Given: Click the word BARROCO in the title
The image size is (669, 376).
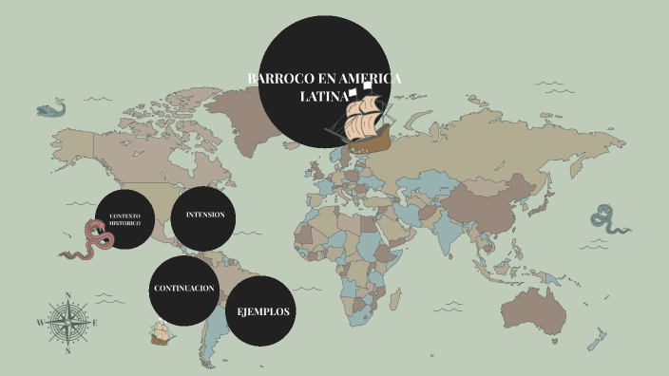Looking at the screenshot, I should [278, 78].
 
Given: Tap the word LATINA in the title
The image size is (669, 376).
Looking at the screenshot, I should [321, 96].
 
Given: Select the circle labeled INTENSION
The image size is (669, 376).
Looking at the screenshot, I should [204, 216].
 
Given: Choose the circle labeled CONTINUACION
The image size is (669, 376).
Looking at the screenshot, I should [183, 289].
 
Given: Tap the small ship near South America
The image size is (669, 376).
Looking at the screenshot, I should [161, 333].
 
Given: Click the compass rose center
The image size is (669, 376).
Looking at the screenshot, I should [67, 322].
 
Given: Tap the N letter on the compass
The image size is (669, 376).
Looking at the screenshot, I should [67, 294].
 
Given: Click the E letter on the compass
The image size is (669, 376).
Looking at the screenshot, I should [95, 323].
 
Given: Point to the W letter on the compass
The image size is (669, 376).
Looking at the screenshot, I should [40, 323].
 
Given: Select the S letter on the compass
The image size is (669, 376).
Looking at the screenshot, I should [67, 350].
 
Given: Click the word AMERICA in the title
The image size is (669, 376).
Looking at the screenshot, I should [365, 78].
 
